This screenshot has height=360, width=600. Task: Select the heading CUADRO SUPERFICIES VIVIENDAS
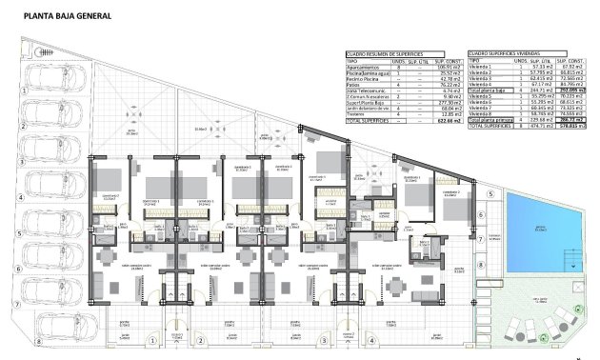pyautogui.click(x=503, y=53)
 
